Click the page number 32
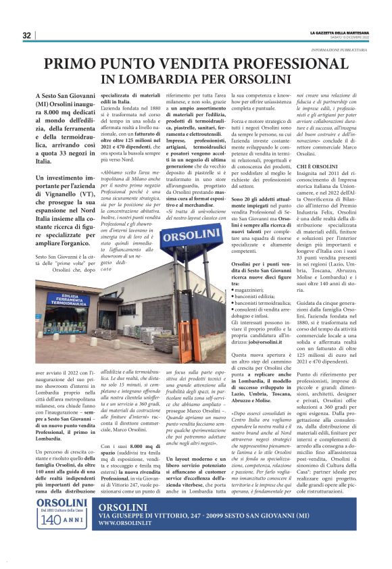click(26, 35)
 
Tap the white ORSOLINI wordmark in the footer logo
click(62, 524)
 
